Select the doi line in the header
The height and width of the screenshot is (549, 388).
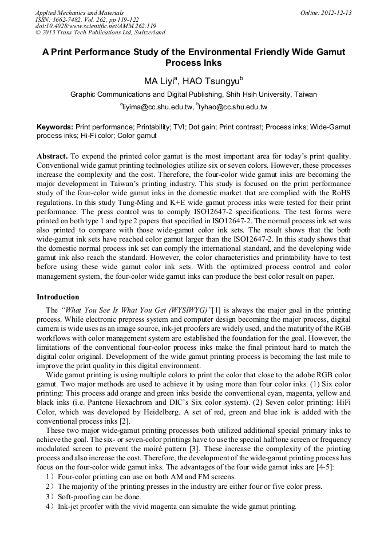coord(96,26)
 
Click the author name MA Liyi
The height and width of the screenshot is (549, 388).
coord(162,81)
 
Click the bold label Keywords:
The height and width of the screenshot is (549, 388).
coord(55,127)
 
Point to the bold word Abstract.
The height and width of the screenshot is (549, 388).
coord(52,156)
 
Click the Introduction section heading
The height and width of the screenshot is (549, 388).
coord(58,297)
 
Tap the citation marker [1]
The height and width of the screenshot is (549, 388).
coord(217,310)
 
